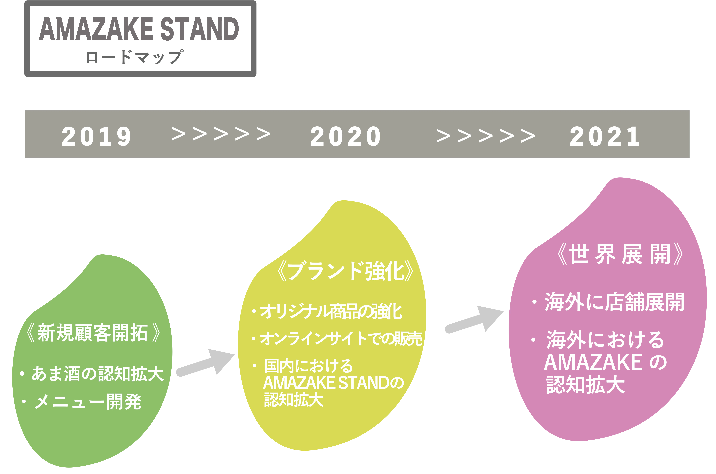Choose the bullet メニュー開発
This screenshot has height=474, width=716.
(x=88, y=402)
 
